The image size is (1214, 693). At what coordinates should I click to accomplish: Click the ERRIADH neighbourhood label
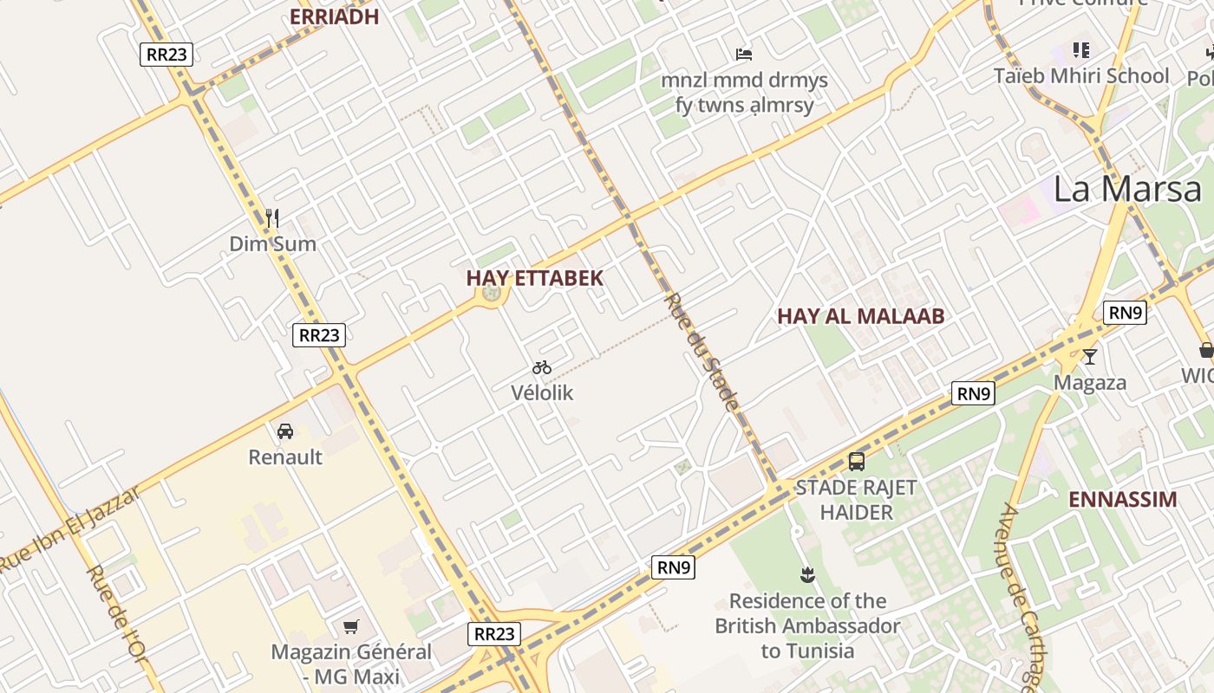[x=334, y=17]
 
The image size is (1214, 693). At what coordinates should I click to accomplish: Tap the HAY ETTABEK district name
[x=534, y=278]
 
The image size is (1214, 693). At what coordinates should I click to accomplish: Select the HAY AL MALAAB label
[x=860, y=316]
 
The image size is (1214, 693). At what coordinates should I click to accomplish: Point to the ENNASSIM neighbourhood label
[x=1122, y=499]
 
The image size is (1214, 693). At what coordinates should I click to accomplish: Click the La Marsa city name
[x=1127, y=189]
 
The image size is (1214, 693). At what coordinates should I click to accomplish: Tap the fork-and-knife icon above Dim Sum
[x=272, y=218]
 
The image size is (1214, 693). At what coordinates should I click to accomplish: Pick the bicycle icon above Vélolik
[x=542, y=367]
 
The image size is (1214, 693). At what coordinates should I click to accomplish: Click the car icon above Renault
[x=284, y=431]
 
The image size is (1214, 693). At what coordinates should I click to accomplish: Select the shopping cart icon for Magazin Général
[x=351, y=626]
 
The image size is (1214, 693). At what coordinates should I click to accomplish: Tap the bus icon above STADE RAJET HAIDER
[x=857, y=461]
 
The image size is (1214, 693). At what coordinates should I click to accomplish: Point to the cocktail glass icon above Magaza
[x=1090, y=356]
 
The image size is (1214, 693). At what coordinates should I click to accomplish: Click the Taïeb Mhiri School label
[x=1081, y=75]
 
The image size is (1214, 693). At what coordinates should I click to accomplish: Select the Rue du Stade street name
[x=702, y=351]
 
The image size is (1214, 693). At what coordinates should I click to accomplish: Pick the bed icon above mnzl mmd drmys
[x=744, y=55]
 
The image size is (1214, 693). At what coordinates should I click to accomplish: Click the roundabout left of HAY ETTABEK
[x=492, y=294]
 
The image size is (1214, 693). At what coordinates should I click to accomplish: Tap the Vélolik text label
[x=542, y=392]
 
